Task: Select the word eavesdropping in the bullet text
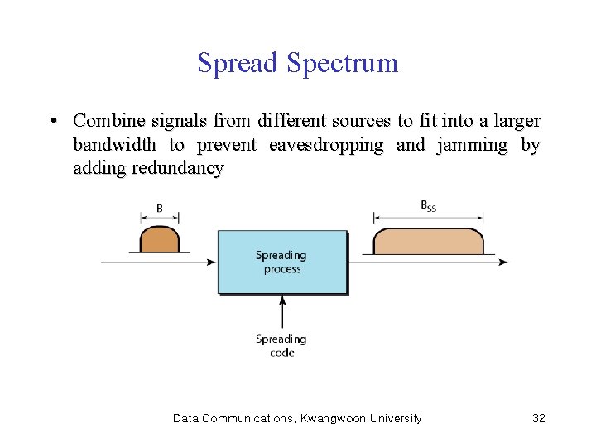click(326, 146)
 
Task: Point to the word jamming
click(474, 146)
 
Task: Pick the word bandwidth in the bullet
click(114, 146)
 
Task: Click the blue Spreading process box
click(281, 262)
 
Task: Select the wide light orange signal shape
click(428, 241)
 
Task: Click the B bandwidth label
click(160, 208)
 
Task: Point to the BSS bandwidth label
click(428, 206)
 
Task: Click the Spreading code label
click(281, 346)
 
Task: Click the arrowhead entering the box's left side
click(212, 262)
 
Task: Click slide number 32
click(538, 418)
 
